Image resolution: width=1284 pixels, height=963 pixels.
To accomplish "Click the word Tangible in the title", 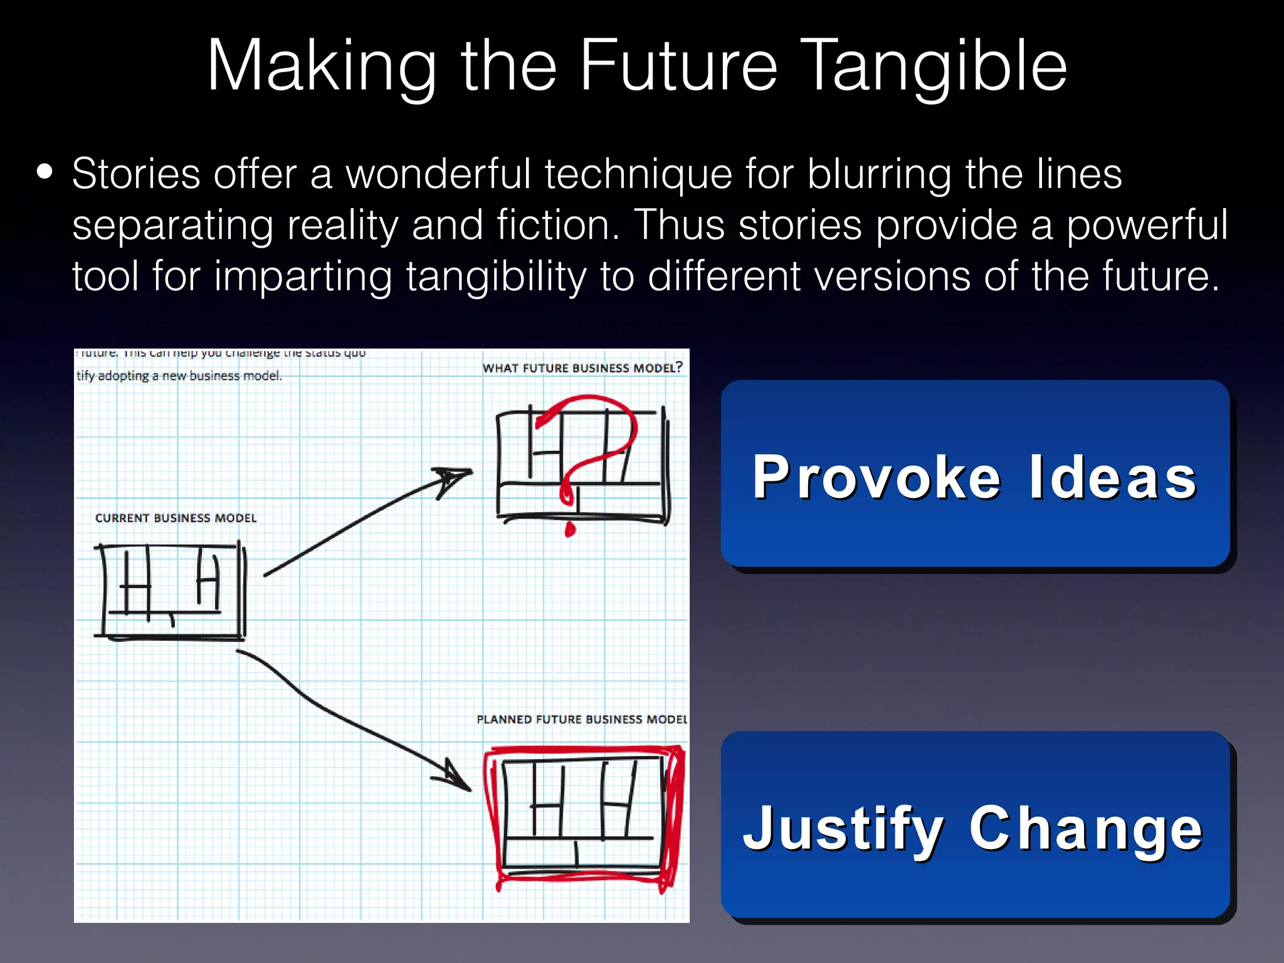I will pos(934,66).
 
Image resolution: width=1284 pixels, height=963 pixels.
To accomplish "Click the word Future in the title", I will pos(678,66).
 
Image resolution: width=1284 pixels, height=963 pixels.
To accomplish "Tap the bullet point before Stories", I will pos(45,172).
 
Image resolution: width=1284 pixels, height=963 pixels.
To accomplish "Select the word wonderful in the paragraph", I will pos(438,174).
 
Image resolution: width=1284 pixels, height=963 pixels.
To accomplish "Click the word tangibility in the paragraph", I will pos(496,276).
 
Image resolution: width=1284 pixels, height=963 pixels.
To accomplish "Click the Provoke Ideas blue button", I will pos(975,474).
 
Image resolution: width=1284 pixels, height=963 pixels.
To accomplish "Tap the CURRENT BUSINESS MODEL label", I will pos(176,518).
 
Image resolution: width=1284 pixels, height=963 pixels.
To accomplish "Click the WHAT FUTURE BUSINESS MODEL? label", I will pos(582,368).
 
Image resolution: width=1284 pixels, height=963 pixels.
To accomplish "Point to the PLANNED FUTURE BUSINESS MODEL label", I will pos(581,719).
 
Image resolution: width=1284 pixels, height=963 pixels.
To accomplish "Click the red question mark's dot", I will pos(570,529).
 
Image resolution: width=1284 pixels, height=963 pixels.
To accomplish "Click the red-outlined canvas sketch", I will pos(583,816).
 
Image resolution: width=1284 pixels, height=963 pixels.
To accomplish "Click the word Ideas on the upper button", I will pos(1113,478).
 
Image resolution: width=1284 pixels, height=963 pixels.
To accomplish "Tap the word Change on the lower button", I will pos(1085,829).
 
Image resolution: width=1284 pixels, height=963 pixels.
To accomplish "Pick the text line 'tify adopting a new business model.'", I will pos(179,376).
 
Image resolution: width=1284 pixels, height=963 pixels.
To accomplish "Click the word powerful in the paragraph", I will pos(1147,225).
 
